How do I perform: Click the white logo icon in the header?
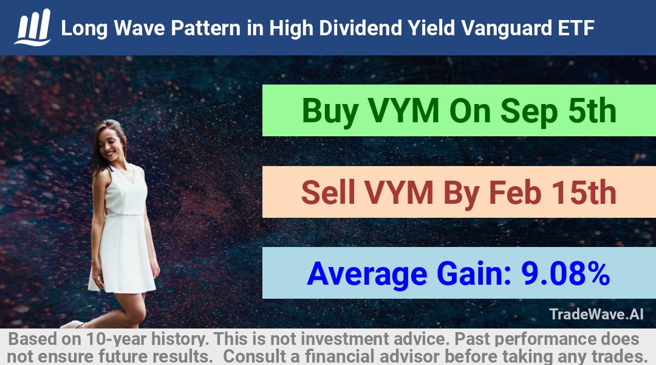point(33,27)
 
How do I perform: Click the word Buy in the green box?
point(330,111)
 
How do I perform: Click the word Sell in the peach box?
point(328,192)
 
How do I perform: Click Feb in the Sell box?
point(514,192)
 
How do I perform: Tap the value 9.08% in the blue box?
point(565,273)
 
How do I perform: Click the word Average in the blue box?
point(367,274)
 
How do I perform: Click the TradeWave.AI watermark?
point(596,314)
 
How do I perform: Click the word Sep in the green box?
point(529,111)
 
